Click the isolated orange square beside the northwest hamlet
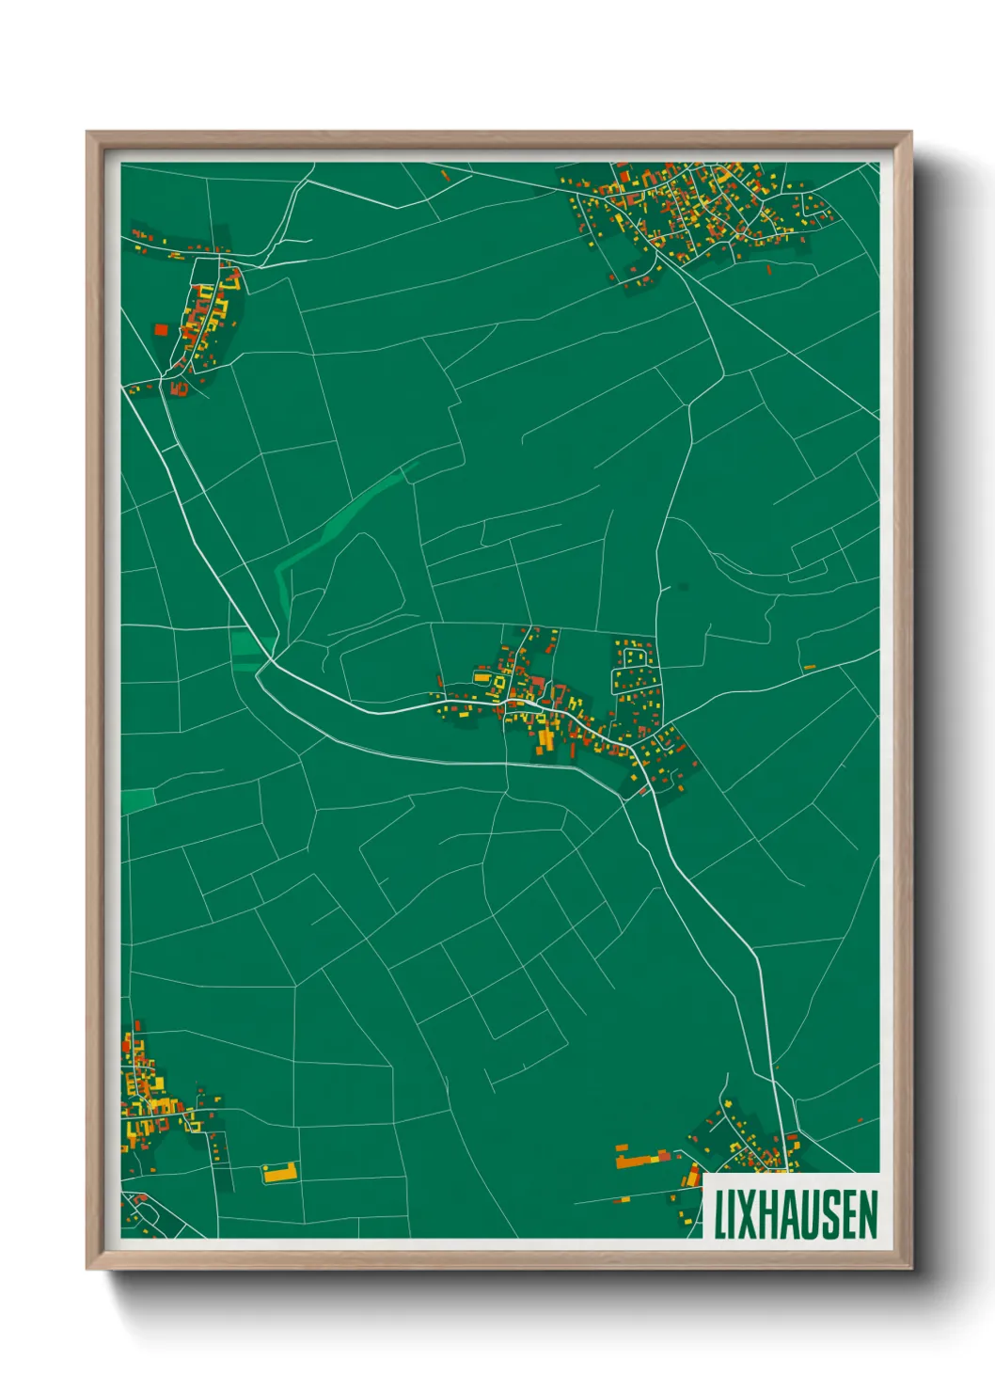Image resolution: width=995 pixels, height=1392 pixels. point(160,329)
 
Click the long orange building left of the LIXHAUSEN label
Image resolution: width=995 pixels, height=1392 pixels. point(640,1160)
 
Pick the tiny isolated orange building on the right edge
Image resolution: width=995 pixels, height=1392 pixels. point(809,667)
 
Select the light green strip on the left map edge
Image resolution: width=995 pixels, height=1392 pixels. point(137,800)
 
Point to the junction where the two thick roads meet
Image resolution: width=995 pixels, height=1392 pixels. point(267,663)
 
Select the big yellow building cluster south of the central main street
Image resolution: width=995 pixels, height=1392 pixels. point(546,738)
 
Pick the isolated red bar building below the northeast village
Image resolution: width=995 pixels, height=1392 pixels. point(769,270)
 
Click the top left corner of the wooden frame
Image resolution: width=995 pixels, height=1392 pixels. point(87,133)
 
